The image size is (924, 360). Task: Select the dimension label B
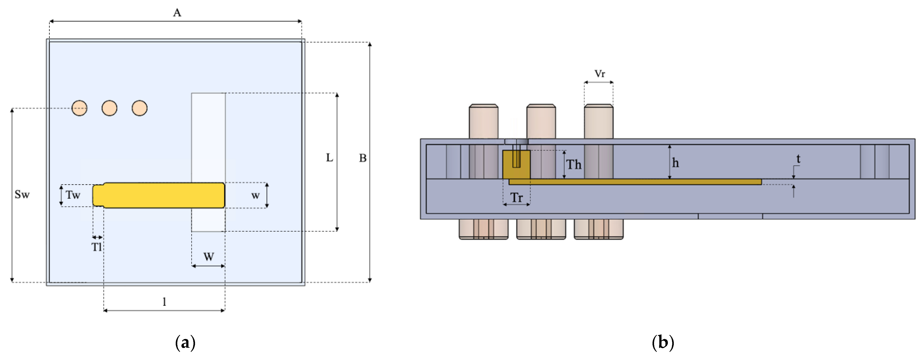(x=363, y=158)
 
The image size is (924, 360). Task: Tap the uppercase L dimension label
(x=329, y=157)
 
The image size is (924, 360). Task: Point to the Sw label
(x=22, y=195)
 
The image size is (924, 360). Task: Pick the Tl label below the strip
(x=96, y=247)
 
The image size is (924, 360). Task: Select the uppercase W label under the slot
(x=209, y=257)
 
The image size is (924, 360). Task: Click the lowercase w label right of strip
(x=255, y=195)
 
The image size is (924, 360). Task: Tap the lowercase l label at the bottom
(x=164, y=302)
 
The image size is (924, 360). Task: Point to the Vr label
(x=599, y=74)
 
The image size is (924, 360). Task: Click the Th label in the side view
(x=574, y=165)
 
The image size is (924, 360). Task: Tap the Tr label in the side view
(x=516, y=198)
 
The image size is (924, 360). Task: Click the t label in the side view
(x=798, y=159)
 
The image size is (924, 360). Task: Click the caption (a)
(x=185, y=342)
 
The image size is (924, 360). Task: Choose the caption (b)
(x=663, y=342)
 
